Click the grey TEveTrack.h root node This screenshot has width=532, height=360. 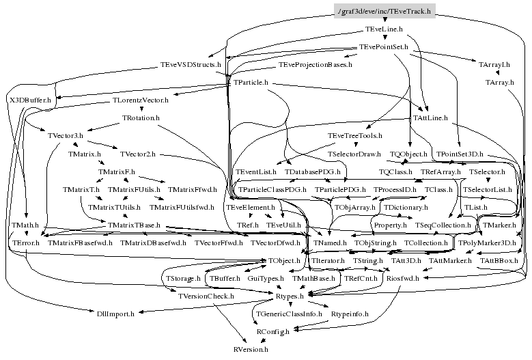(384, 13)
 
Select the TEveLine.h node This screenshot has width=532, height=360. (384, 31)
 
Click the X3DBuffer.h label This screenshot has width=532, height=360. (29, 100)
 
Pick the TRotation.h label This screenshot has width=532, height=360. (141, 117)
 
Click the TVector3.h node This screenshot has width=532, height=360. (66, 135)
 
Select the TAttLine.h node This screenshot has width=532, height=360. (430, 117)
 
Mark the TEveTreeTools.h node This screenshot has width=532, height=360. (355, 135)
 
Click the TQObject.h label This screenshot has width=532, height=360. (408, 154)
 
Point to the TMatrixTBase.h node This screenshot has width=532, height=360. (134, 225)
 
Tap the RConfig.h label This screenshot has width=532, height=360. (272, 331)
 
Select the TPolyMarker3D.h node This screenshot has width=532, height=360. (486, 243)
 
